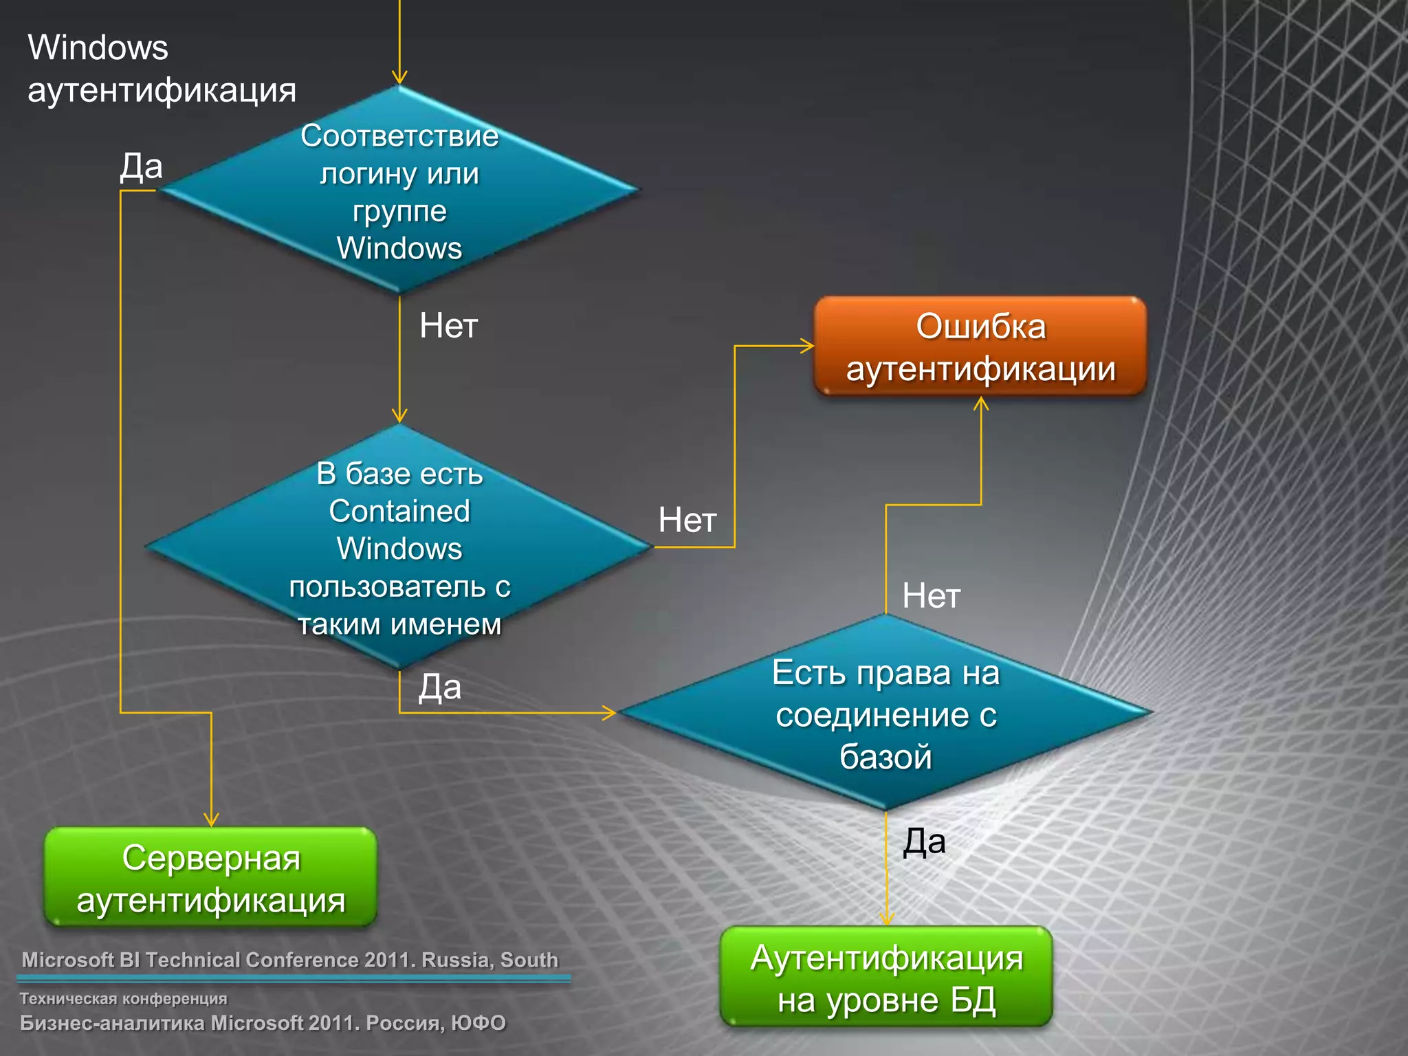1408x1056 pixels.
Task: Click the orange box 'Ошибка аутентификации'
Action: pyautogui.click(x=980, y=346)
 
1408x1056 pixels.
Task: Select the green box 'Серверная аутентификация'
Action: pyautogui.click(x=210, y=877)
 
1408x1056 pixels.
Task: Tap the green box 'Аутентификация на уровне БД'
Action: pyautogui.click(x=886, y=977)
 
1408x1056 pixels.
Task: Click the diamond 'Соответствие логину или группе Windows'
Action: pyautogui.click(x=399, y=190)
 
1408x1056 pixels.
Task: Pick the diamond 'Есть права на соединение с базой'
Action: pyautogui.click(x=885, y=713)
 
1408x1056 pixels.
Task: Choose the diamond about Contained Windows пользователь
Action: pyautogui.click(x=399, y=547)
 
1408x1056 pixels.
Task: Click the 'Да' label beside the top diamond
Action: pyautogui.click(x=141, y=166)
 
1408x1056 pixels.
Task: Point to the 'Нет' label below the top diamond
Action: pyautogui.click(x=448, y=325)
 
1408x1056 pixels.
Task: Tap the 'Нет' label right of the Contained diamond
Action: pyautogui.click(x=687, y=520)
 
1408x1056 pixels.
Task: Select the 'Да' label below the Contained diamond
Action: pyautogui.click(x=440, y=687)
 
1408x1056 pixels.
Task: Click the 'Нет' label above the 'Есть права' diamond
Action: pyautogui.click(x=931, y=595)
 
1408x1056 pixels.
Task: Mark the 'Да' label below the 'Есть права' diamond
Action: pyautogui.click(x=924, y=841)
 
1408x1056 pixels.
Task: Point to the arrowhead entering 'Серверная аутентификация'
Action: pyautogui.click(x=211, y=819)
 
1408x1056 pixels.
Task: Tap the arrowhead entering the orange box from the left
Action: pyautogui.click(x=807, y=346)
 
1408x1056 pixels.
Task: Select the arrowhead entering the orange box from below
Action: pyautogui.click(x=981, y=404)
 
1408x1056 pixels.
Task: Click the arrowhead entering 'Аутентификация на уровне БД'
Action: pyautogui.click(x=886, y=918)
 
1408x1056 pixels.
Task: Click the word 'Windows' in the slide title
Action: pyautogui.click(x=98, y=48)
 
